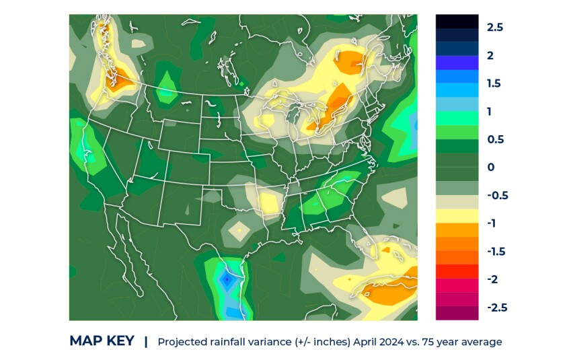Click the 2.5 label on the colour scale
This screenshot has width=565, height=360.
tap(495, 27)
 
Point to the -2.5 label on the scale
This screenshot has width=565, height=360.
tap(496, 308)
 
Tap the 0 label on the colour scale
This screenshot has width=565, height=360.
tap(490, 167)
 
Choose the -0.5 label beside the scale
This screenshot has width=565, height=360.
tap(498, 195)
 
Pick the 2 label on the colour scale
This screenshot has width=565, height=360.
tap(490, 55)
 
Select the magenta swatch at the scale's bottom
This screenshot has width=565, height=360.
tap(457, 313)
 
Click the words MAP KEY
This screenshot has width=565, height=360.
tap(102, 341)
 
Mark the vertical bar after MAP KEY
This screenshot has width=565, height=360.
tap(146, 341)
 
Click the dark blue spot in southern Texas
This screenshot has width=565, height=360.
tap(228, 277)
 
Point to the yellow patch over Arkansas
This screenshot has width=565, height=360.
tap(270, 202)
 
